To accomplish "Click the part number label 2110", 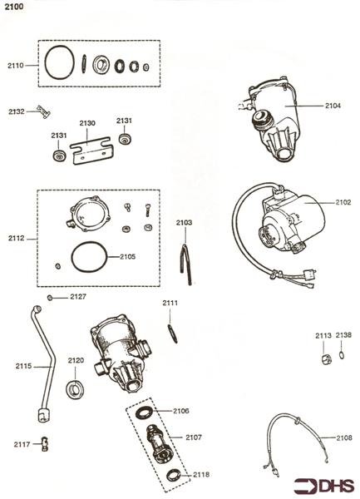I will [17, 65].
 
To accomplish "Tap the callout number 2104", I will [332, 106].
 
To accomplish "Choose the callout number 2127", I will [77, 297].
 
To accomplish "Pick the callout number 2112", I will [17, 239].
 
